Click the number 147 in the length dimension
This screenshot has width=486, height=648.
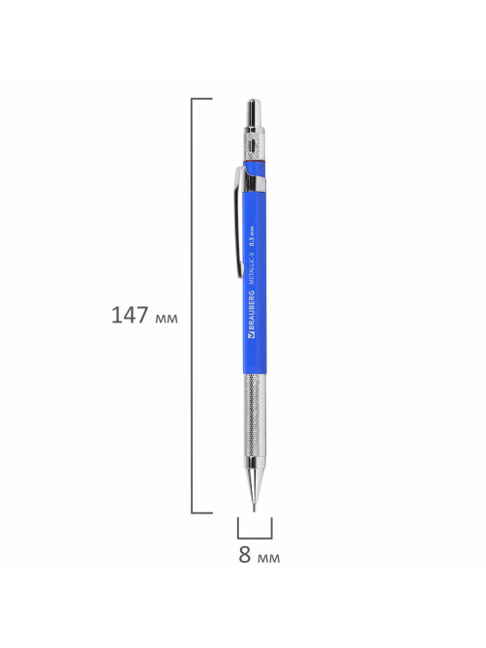pos(130,316)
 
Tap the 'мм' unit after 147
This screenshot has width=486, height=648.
pos(167,319)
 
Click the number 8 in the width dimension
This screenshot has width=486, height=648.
pos(244,555)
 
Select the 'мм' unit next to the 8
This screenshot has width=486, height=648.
pos(268,558)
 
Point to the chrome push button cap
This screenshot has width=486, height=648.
pos(254,113)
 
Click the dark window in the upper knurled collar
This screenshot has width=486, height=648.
pos(253,144)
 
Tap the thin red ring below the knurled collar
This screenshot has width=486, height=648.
pos(254,161)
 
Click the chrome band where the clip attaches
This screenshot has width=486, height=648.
pos(255,184)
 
